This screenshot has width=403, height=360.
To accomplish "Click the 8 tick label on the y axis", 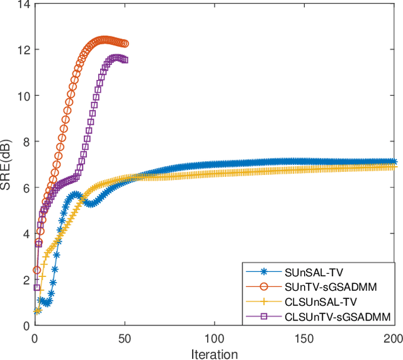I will pos(26,142).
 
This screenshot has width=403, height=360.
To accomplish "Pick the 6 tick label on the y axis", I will pos(26,188).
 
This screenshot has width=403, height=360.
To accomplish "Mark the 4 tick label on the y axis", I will pos(26,233).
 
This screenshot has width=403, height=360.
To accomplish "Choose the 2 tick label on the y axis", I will pos(26,279).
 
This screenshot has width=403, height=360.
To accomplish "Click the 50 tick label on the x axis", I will pos(125,338).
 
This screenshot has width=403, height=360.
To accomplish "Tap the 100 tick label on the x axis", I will pos(215,338).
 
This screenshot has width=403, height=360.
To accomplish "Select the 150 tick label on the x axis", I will pos(305,338).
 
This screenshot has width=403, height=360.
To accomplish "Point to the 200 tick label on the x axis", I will pos(393,338).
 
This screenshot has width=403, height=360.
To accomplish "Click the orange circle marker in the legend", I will pos(264,287).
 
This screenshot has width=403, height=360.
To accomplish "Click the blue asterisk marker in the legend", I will pos(264,273).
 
